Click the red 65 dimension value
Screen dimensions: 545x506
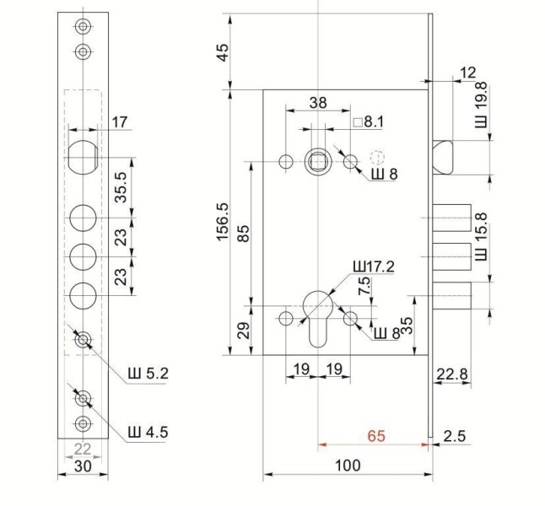pyautogui.click(x=376, y=436)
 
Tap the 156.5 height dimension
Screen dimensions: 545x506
pyautogui.click(x=223, y=222)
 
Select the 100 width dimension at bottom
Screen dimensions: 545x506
pyautogui.click(x=348, y=466)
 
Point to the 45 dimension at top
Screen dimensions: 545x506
pyautogui.click(x=223, y=52)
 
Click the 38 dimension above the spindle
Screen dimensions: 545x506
pyautogui.click(x=318, y=103)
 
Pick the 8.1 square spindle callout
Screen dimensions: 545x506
pyautogui.click(x=369, y=122)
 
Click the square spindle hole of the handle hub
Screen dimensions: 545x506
pyautogui.click(x=318, y=162)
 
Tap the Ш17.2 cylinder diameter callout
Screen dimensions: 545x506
pyautogui.click(x=374, y=266)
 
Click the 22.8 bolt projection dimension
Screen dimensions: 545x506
pyautogui.click(x=452, y=374)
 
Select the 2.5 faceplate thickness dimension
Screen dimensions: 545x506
pyautogui.click(x=455, y=436)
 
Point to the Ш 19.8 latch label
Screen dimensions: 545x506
pyautogui.click(x=482, y=105)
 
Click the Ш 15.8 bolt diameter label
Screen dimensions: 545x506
pyautogui.click(x=482, y=237)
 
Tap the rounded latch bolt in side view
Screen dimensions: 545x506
pyautogui.click(x=443, y=157)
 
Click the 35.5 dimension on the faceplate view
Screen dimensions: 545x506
pyautogui.click(x=121, y=187)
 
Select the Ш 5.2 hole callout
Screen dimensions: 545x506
pyautogui.click(x=148, y=374)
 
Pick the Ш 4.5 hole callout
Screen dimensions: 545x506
pyautogui.click(x=148, y=433)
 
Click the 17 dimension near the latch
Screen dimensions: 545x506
pyautogui.click(x=120, y=122)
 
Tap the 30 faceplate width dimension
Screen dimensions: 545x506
pyautogui.click(x=83, y=466)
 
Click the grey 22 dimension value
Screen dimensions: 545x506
pyautogui.click(x=83, y=449)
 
